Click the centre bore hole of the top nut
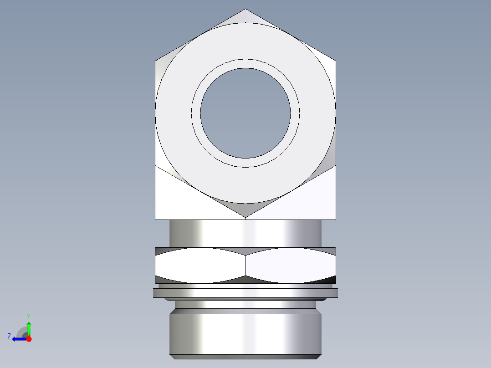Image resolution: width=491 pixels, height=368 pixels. pos(245,113)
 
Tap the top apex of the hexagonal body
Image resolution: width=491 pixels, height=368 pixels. pos(245,10)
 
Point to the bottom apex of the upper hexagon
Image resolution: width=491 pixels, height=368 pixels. pos(245,216)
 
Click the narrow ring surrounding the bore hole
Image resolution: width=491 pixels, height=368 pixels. pos(245,64)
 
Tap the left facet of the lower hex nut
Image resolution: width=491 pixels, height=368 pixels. pos(200,266)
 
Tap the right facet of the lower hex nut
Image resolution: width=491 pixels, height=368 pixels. pos(291,266)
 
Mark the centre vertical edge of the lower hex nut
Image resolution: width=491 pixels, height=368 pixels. pos(245,266)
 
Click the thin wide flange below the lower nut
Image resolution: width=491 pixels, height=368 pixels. pos(245,293)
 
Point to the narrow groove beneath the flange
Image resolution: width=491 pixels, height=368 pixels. pos(245,304)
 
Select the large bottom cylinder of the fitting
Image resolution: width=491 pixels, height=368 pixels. pos(245,332)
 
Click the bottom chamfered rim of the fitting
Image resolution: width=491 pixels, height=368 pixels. pos(245,357)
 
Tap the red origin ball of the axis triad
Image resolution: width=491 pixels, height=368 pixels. pos(29,339)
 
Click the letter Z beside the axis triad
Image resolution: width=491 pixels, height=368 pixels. pos(9,337)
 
